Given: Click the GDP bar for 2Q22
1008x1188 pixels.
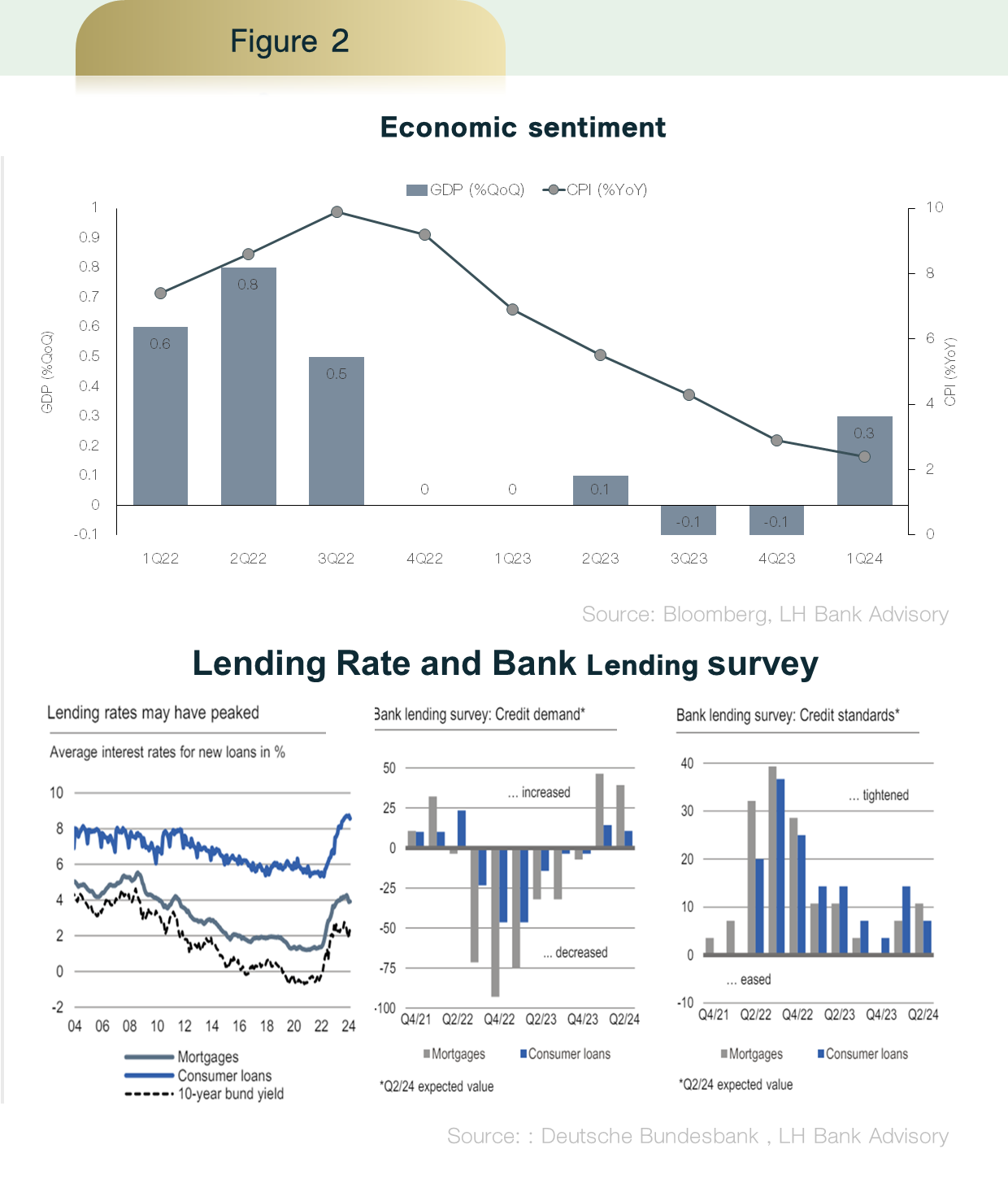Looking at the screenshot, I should click(249, 386).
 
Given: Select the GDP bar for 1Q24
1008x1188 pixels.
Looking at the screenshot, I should click(865, 461).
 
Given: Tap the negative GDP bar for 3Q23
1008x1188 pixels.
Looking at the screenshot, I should click(689, 520).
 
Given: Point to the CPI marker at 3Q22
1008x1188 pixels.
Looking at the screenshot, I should click(337, 212).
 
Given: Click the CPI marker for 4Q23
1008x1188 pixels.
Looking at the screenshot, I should click(776, 441).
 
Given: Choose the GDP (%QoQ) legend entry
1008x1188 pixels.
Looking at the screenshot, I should click(466, 190).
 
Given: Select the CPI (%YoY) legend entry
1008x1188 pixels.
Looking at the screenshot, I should click(596, 190).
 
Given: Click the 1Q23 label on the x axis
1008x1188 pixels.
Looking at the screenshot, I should click(513, 559).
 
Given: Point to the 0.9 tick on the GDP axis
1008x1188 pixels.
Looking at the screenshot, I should click(89, 237).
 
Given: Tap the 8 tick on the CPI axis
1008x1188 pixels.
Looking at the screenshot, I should click(930, 273).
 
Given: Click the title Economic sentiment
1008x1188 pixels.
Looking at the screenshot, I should click(523, 128).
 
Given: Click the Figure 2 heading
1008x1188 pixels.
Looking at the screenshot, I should click(289, 41).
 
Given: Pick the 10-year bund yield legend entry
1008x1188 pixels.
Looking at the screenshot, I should click(230, 1094).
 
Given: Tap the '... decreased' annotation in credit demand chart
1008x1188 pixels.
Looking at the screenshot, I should click(576, 953).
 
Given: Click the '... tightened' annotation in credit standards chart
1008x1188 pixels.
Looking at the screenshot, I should click(879, 795).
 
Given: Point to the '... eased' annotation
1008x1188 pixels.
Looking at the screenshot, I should click(749, 980).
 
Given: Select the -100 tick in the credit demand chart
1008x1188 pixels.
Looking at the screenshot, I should click(385, 1008).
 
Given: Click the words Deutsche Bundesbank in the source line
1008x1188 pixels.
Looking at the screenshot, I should click(650, 1137).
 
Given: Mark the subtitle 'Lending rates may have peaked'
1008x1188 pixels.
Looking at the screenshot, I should click(153, 713).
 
